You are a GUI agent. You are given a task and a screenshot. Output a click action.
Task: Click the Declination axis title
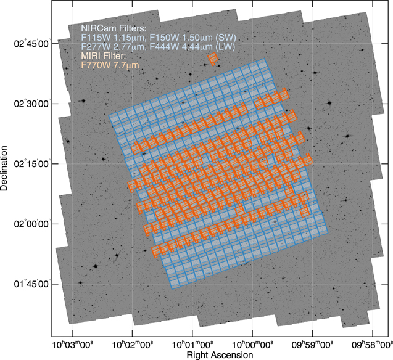(x=6, y=168)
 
